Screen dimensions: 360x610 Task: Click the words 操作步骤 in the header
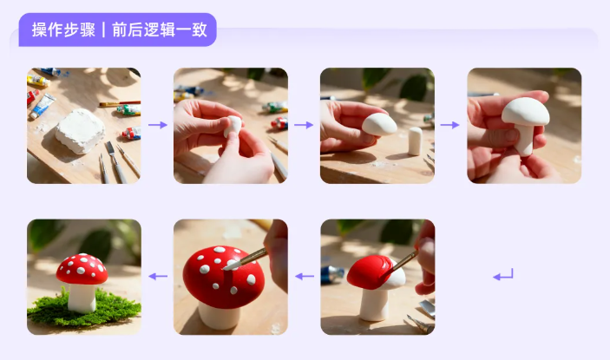click(62, 29)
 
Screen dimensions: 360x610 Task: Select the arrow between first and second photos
click(157, 125)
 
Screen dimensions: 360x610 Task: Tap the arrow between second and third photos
click(304, 125)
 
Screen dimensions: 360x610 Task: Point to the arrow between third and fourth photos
click(449, 125)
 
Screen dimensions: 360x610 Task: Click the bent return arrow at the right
click(503, 276)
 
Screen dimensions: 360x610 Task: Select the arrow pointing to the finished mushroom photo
click(157, 277)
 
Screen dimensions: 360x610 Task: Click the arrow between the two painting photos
click(304, 277)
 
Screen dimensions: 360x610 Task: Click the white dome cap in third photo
click(379, 124)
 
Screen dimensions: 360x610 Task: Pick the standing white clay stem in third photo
click(415, 140)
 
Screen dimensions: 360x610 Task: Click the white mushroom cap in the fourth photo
click(525, 111)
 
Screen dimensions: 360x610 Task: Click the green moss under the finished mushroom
click(82, 310)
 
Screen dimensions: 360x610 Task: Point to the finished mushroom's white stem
click(82, 296)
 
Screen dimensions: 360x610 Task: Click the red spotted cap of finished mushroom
click(82, 268)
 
